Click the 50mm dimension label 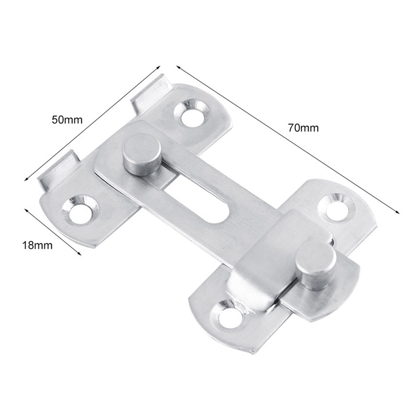67,119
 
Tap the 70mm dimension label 303,128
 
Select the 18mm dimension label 37,245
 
